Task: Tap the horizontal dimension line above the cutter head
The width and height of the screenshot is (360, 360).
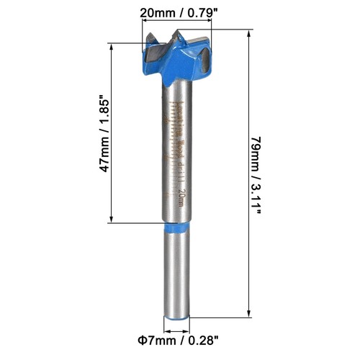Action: [x=179, y=27]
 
